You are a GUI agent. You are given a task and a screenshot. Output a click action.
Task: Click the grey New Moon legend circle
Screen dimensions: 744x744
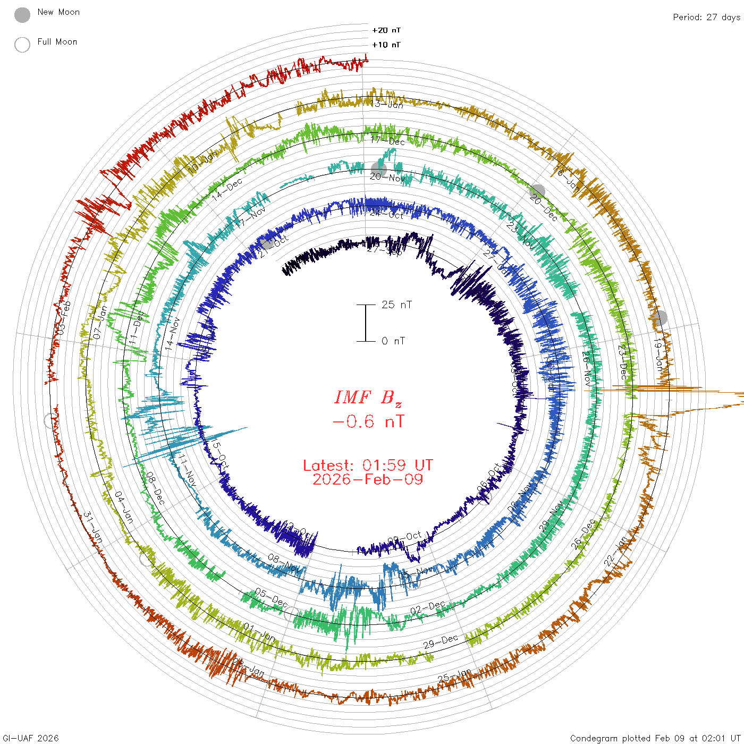pos(22,15)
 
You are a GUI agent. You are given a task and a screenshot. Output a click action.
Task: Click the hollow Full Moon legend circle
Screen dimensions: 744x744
pos(22,45)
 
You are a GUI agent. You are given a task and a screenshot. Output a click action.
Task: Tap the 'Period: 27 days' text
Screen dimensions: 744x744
pos(706,17)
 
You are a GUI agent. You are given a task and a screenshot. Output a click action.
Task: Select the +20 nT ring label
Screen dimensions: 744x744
pos(386,30)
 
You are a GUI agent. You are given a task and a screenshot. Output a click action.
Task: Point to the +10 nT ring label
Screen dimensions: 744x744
pos(386,45)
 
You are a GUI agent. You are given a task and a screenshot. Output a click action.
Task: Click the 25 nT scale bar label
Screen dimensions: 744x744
pos(396,305)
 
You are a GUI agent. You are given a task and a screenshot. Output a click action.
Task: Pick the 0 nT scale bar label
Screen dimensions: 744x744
pos(393,341)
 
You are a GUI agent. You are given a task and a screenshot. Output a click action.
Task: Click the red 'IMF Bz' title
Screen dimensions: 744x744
pos(368,398)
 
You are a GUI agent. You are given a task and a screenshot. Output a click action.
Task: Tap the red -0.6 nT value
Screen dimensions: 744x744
pos(368,422)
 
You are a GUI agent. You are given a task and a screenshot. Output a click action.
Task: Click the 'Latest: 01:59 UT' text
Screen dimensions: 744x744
pos(368,466)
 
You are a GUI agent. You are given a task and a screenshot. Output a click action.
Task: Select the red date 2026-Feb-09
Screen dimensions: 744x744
pos(368,479)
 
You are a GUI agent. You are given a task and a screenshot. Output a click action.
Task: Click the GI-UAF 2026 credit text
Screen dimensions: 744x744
pos(31,738)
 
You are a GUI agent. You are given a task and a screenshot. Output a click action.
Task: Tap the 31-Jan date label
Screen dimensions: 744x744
pos(93,528)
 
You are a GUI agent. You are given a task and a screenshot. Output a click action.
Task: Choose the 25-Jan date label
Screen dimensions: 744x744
pos(455,677)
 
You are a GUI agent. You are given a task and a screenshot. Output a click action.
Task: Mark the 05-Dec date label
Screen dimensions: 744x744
pos(271,598)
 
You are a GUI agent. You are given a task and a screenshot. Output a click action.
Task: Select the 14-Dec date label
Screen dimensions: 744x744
pos(227,188)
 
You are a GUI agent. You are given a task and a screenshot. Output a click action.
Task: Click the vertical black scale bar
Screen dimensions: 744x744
pos(366,323)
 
